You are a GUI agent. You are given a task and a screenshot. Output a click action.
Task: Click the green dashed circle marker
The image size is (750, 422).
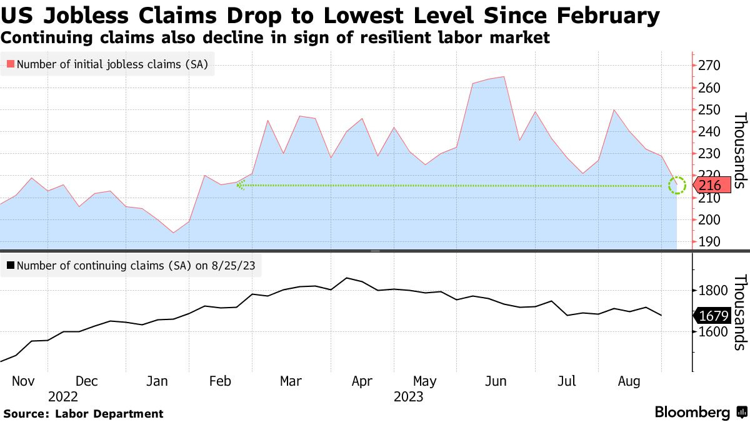pos(677,185)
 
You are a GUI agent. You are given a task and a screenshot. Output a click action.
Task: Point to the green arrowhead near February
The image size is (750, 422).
pos(239,185)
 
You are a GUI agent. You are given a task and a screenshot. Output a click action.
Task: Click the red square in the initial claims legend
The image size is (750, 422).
pos(10,64)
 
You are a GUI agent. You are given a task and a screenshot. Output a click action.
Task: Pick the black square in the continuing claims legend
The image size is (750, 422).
pos(10,265)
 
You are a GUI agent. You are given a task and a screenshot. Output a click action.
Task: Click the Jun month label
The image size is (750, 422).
pos(496,381)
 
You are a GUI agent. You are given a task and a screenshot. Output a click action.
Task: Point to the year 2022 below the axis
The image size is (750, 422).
pos(62,396)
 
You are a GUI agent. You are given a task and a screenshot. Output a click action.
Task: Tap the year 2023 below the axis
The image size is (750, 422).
pos(408,396)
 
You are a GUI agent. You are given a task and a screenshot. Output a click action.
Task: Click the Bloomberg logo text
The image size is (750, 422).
pos(692,413)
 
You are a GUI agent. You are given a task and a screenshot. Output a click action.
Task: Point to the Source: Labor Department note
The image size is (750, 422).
pos(83,413)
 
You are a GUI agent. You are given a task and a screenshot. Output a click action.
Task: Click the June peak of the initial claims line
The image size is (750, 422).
pos(504,77)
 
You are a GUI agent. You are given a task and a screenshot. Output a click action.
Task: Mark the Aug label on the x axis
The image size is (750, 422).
pos(629,381)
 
